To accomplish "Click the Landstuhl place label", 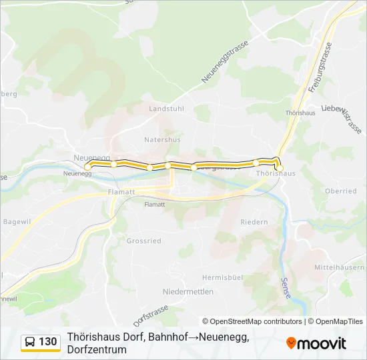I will pyautogui.click(x=165, y=108).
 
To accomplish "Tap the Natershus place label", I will pyautogui.click(x=162, y=140).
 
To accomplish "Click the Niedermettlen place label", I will pyautogui.click(x=188, y=291).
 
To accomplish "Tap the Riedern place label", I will pyautogui.click(x=254, y=222).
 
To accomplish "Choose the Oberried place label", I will pyautogui.click(x=340, y=191).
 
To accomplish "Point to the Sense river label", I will pyautogui.click(x=285, y=289).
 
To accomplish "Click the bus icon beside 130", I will pyautogui.click(x=30, y=342).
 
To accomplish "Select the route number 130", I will pyautogui.click(x=48, y=342).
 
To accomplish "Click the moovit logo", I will pyautogui.click(x=316, y=343).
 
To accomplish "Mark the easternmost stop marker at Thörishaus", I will pyautogui.click(x=280, y=167).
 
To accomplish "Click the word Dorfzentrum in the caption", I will pyautogui.click(x=97, y=349).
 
